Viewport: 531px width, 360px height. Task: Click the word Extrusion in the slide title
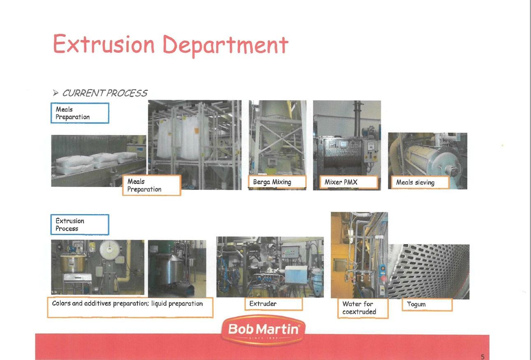point(104,44)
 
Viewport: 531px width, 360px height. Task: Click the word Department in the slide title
point(226,45)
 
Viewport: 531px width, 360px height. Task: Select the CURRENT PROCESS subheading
point(105,93)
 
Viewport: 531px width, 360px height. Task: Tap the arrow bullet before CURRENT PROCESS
point(55,92)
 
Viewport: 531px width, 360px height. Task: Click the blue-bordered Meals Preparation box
point(80,113)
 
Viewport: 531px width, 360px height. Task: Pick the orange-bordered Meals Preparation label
point(152,185)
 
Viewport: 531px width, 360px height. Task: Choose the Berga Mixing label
point(277,182)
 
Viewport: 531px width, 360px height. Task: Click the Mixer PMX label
point(349,182)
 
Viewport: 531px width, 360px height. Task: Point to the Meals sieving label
point(420,182)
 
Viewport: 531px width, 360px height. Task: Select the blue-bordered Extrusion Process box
point(80,225)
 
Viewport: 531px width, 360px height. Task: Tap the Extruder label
point(274,304)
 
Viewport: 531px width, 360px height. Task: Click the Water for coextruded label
point(363,308)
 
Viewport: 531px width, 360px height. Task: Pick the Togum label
point(427,305)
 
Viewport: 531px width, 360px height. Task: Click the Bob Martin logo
point(263,330)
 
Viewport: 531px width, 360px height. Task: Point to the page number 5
point(483,357)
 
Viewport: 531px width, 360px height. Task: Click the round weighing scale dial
point(109,249)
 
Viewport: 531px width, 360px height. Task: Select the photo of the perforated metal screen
point(429,272)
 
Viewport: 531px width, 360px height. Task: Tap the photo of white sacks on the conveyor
point(99,161)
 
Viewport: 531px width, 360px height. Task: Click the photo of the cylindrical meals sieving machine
point(427,161)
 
